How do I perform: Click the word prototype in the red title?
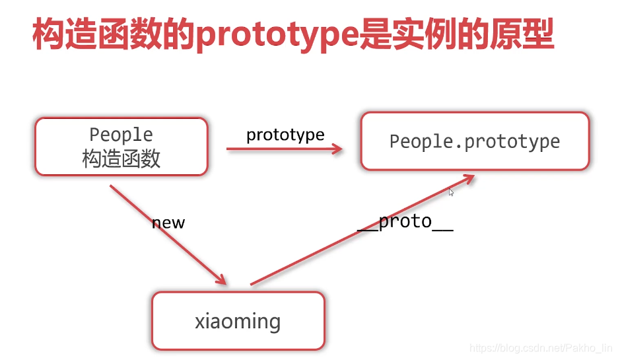277,36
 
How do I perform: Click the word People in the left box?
121,135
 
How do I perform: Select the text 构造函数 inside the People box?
121,159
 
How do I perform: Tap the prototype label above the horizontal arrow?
285,135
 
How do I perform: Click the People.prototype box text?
475,141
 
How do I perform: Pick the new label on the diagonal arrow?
168,223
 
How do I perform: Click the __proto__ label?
405,221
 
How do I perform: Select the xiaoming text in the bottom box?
238,322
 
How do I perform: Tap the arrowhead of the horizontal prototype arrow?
337,149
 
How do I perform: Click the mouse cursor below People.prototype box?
452,192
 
